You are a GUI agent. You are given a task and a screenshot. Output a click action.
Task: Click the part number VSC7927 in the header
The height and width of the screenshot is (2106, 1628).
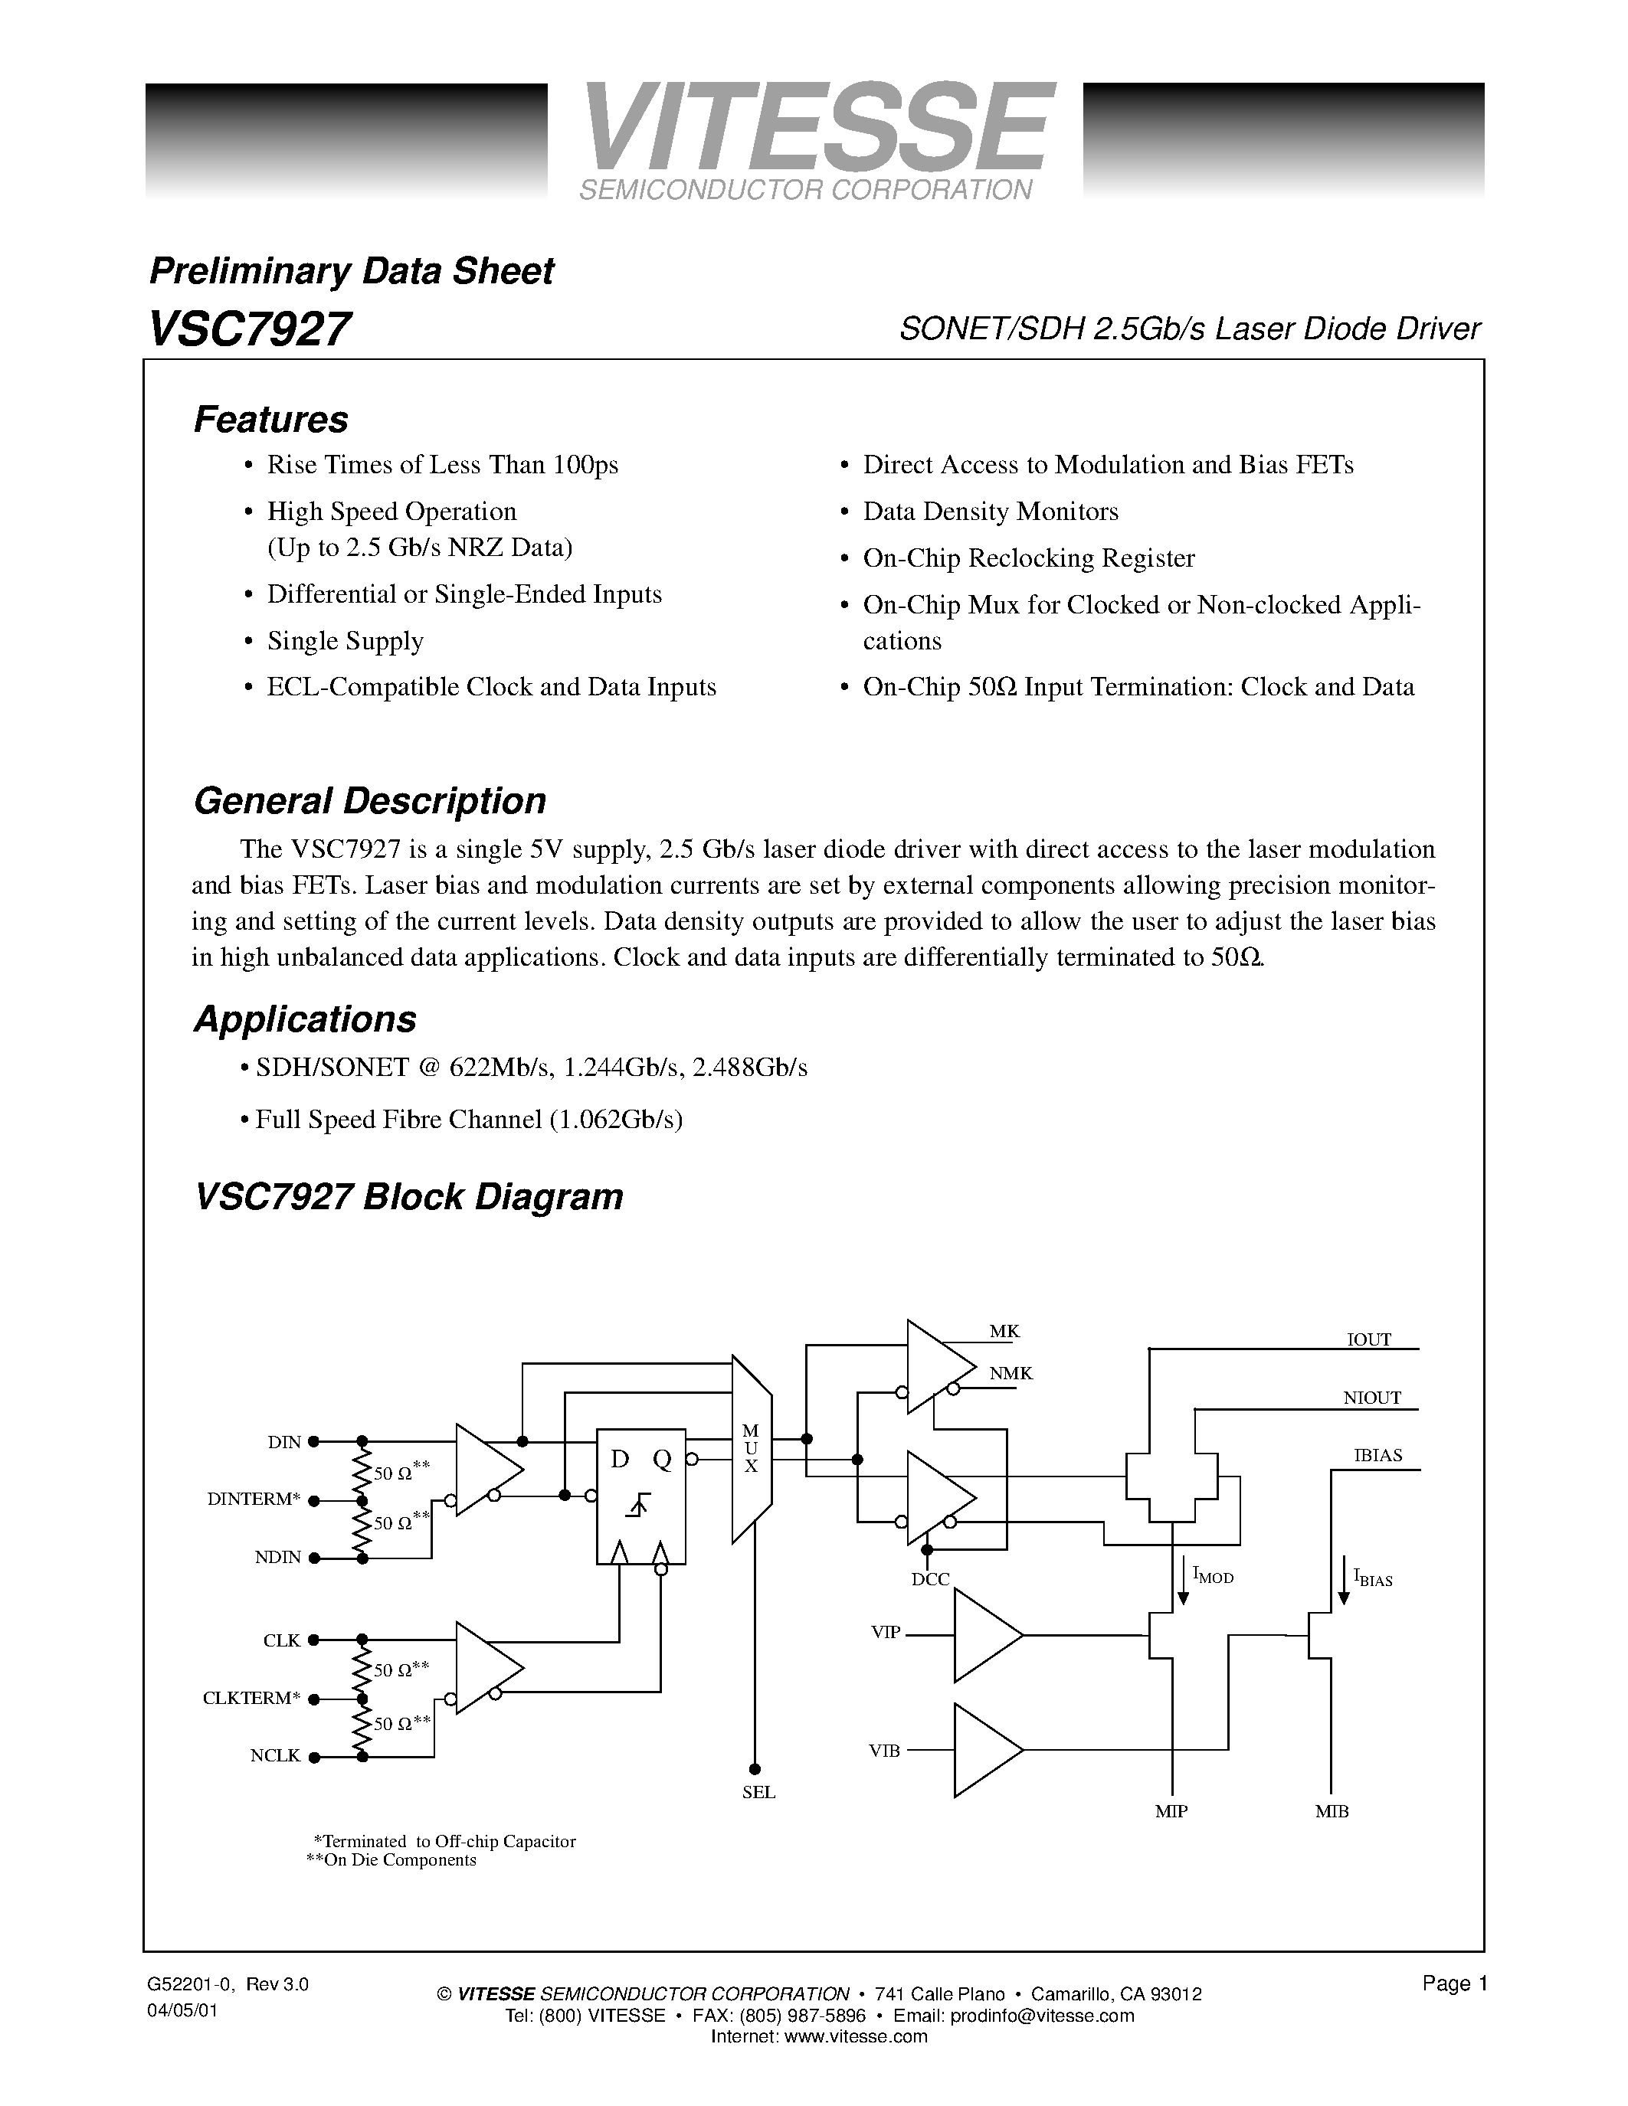click(249, 329)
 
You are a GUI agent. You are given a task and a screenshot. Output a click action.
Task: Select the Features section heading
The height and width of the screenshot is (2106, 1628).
click(271, 420)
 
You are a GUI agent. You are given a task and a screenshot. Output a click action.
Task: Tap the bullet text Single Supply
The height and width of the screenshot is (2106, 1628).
click(346, 641)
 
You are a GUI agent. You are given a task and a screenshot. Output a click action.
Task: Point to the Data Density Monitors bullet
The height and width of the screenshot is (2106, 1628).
click(991, 511)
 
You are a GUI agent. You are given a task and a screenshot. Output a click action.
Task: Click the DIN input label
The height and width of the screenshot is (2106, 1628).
click(284, 1443)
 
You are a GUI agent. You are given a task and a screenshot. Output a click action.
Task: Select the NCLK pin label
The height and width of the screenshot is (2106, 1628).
click(276, 1756)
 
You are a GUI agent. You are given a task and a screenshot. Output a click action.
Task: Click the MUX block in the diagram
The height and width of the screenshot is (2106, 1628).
click(752, 1448)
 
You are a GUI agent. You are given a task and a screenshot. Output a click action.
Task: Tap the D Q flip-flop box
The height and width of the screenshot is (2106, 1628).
click(641, 1495)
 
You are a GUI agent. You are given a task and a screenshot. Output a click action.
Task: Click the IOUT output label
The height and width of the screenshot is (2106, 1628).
click(1368, 1339)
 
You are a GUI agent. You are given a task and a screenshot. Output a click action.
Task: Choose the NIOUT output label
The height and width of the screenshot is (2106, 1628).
click(1371, 1398)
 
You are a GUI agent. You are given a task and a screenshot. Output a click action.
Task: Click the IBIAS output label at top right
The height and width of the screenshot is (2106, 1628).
click(1377, 1455)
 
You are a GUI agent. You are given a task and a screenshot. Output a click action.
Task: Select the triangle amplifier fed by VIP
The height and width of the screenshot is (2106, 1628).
click(986, 1636)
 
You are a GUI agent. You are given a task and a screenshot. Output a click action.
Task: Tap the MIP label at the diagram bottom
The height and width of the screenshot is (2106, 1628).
click(1171, 1812)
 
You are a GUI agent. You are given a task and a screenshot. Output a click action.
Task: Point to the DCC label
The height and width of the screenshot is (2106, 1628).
click(931, 1579)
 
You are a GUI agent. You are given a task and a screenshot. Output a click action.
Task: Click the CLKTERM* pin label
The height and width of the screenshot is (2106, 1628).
click(252, 1698)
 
